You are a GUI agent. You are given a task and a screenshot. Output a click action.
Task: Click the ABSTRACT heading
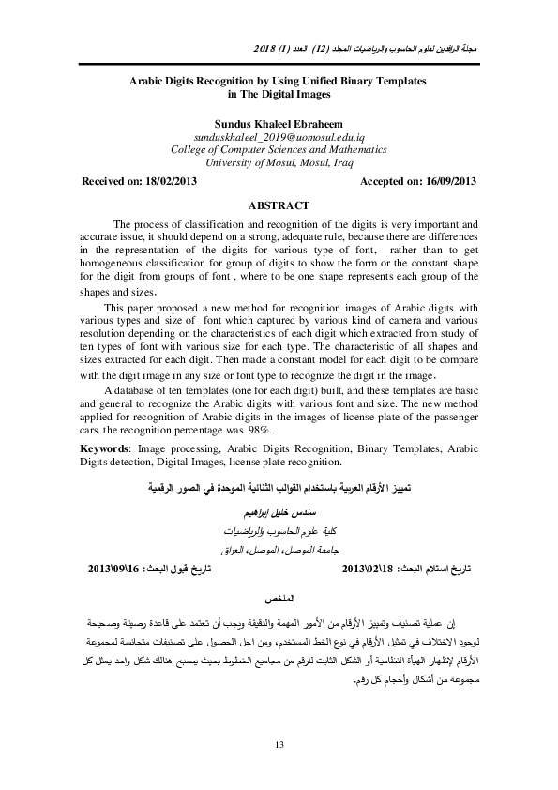pyautogui.click(x=278, y=205)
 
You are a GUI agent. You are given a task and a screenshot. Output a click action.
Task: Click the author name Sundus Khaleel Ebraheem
pyautogui.click(x=278, y=123)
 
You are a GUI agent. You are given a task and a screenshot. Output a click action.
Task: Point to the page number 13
pyautogui.click(x=279, y=744)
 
